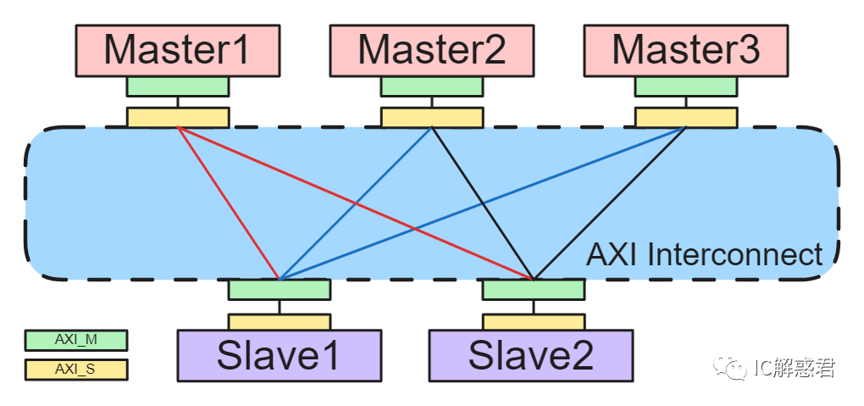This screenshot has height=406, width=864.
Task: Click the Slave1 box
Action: click(279, 355)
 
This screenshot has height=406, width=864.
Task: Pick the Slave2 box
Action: click(531, 355)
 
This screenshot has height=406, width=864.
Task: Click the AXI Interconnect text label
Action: click(704, 254)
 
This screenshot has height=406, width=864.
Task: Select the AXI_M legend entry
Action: click(75, 340)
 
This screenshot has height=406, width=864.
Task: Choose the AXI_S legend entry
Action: click(75, 370)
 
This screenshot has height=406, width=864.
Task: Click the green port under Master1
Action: click(177, 86)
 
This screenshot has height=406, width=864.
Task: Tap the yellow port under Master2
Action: click(431, 117)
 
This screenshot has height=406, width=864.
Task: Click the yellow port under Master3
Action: click(685, 117)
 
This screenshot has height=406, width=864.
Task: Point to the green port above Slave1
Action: click(279, 290)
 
